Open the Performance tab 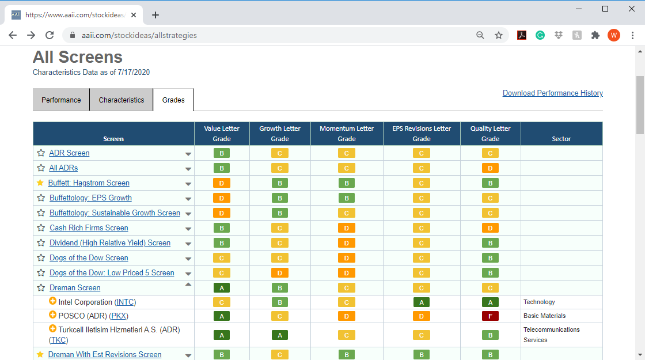coord(61,100)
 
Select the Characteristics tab coord(122,100)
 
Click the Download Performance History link coord(552,93)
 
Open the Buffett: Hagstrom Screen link coord(89,183)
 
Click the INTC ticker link coord(125,302)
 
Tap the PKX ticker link coord(119,316)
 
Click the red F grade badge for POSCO coord(490,316)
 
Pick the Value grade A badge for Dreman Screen coord(222,288)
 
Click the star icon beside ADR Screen coord(41,153)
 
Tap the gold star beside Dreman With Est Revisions coord(40,354)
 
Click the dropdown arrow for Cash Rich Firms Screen coord(188,229)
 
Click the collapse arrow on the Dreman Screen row coord(188,285)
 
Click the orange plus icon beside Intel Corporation coord(52,301)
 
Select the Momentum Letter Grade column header coord(347,134)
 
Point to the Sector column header coord(561,139)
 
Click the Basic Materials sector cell coord(544,316)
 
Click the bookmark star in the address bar coord(499,35)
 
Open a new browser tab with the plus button coord(155,15)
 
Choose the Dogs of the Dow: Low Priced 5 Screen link coord(112,273)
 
